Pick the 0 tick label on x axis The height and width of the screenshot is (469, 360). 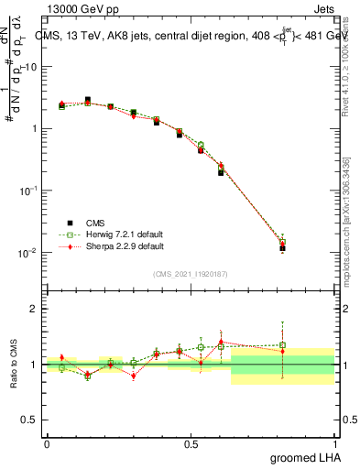pos(47,443)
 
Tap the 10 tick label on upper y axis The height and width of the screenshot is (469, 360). pos(30,67)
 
